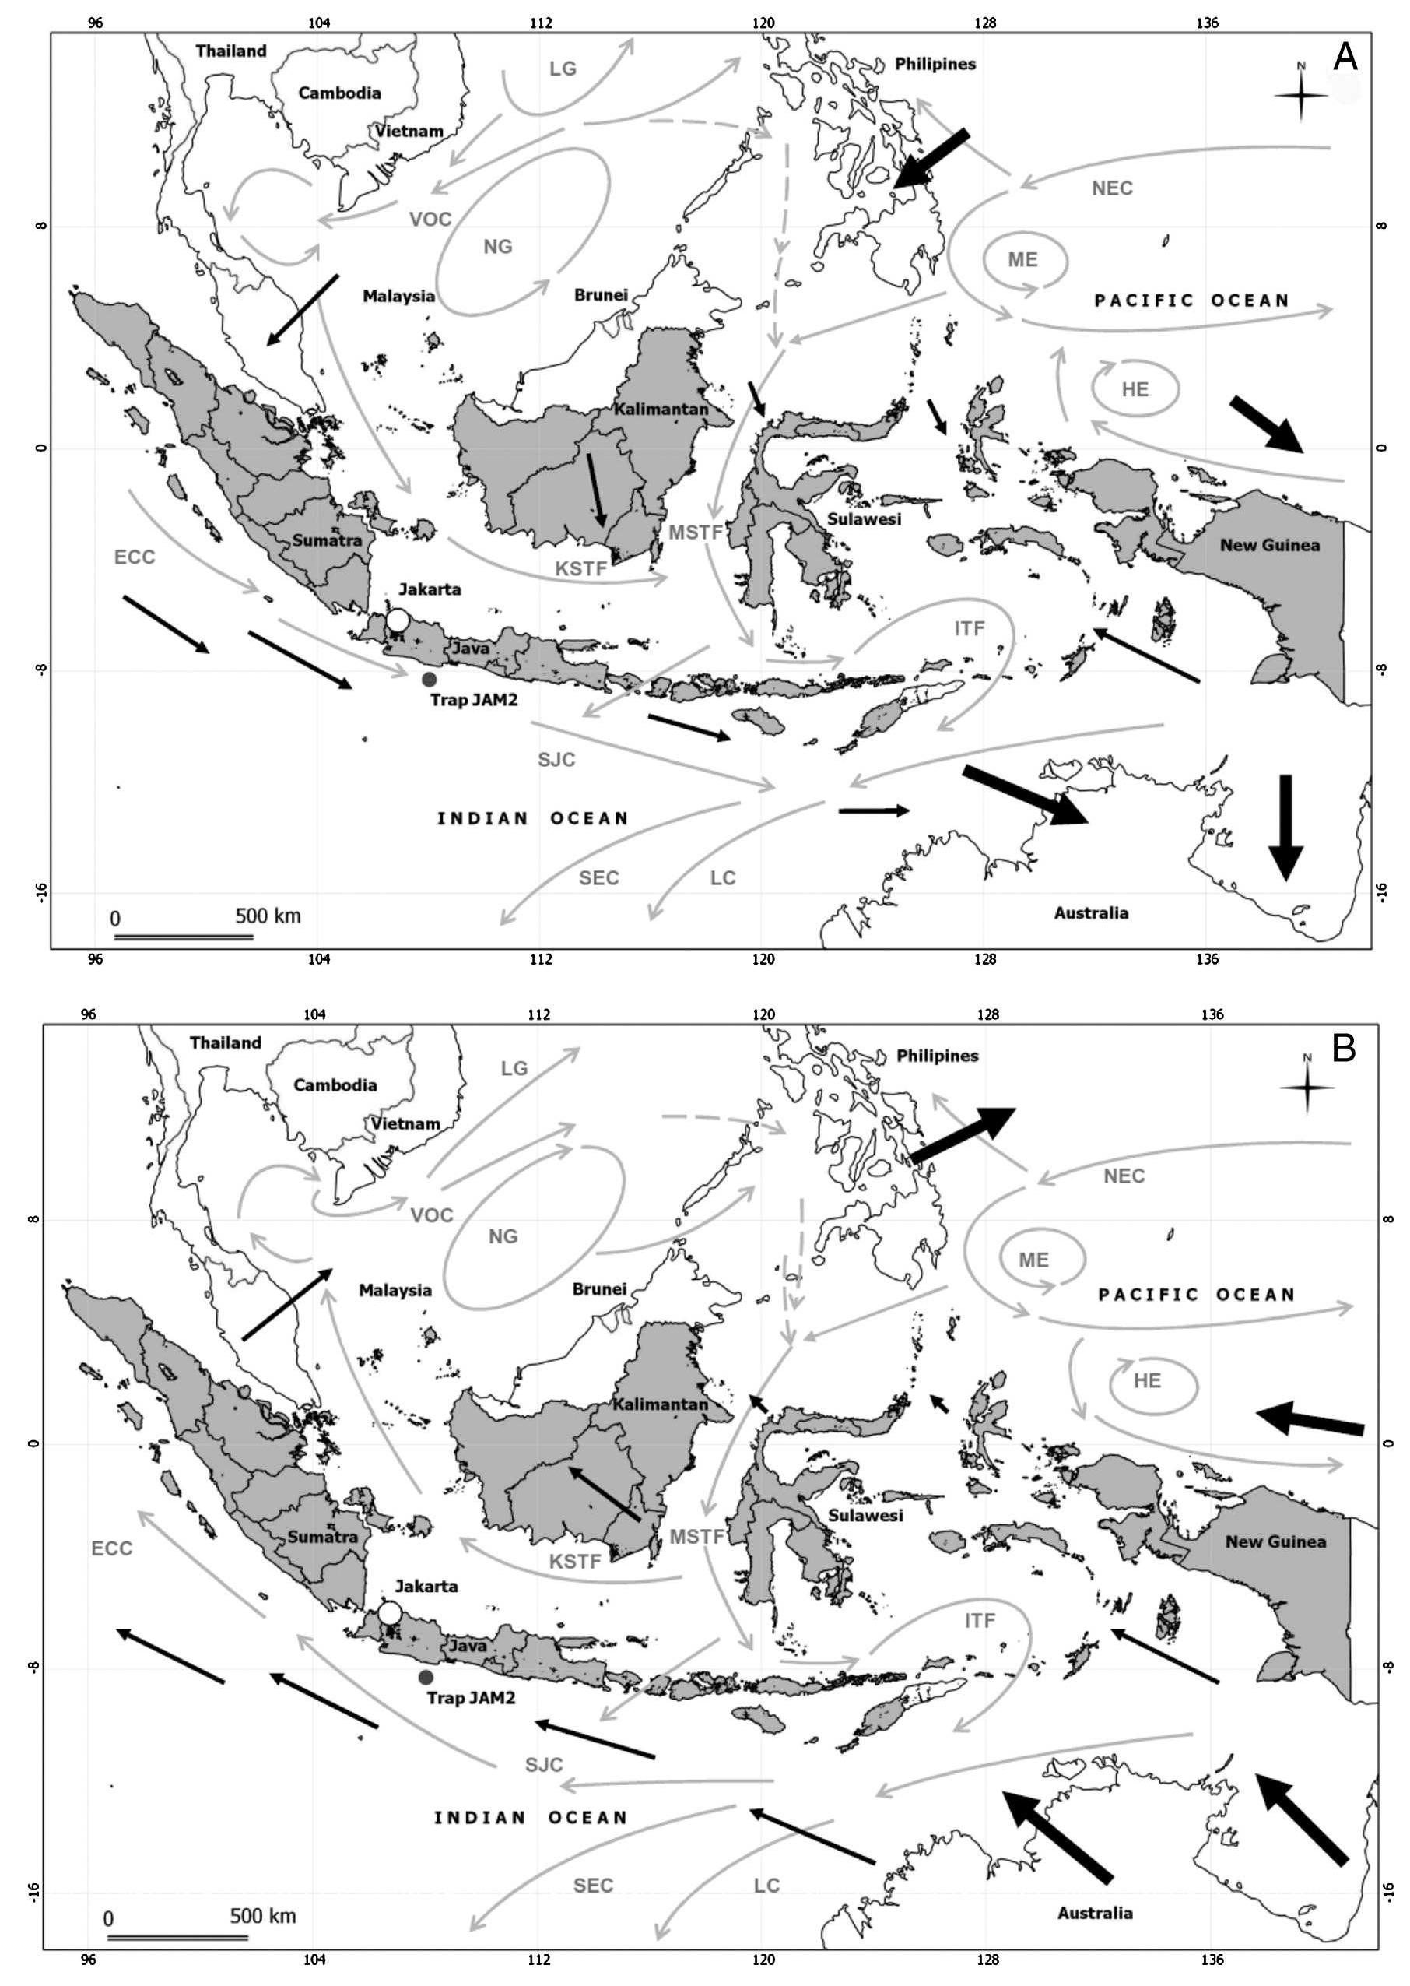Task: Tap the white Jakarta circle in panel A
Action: [398, 620]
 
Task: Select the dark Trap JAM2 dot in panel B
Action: [426, 1677]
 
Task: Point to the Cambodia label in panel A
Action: [339, 93]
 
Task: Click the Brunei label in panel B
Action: [599, 1288]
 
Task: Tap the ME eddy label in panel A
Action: [1022, 260]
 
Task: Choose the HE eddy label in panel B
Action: [1147, 1381]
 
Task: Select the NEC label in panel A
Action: [1112, 188]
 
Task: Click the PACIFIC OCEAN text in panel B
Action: [1197, 1295]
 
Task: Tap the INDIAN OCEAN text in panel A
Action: [532, 818]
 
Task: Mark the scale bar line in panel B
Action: [179, 1936]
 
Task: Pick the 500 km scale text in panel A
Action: [268, 916]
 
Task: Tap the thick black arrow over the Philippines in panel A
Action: [931, 158]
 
